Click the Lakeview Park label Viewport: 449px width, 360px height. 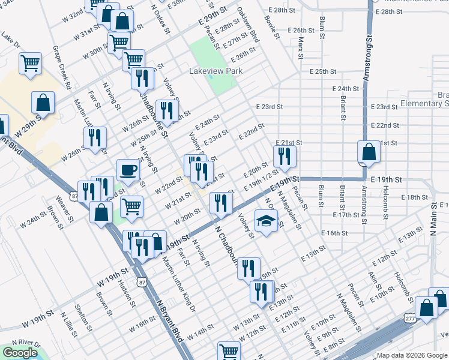215,71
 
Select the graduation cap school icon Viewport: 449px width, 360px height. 265,221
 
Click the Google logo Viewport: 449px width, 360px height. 20,353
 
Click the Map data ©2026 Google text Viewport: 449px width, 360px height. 411,355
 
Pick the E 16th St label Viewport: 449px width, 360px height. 334,233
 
